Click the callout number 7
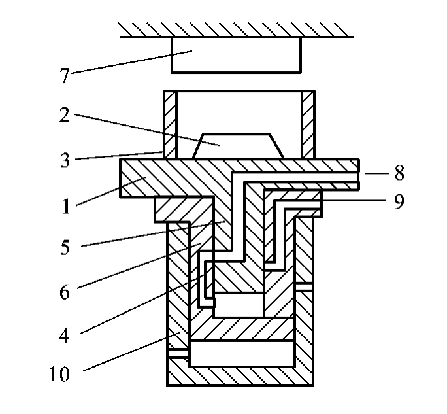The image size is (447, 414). click(65, 75)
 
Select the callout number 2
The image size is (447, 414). click(65, 114)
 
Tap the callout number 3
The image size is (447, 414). click(65, 160)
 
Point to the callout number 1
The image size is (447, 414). click(66, 206)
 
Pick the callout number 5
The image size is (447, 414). click(65, 247)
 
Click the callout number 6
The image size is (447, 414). click(65, 292)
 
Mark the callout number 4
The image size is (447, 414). click(65, 335)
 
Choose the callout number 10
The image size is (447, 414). click(59, 373)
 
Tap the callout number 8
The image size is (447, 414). click(399, 173)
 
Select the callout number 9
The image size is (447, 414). click(399, 201)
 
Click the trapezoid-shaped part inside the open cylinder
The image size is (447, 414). click(238, 146)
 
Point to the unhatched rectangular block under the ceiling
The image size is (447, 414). click(236, 55)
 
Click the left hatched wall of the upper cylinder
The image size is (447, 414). click(170, 124)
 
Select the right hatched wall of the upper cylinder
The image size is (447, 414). click(308, 124)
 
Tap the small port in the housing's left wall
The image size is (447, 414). click(178, 353)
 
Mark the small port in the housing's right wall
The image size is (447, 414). click(304, 286)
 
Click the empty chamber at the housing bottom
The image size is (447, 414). click(242, 353)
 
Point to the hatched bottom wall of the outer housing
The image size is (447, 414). click(240, 376)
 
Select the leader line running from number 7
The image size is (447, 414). click(131, 62)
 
